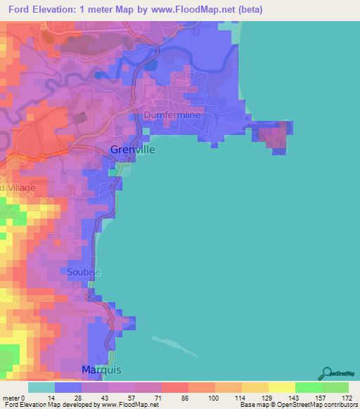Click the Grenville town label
click(133, 150)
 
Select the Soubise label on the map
click(84, 272)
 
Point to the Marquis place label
click(102, 370)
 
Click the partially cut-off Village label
click(14, 188)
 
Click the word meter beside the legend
click(12, 398)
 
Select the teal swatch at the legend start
click(41, 387)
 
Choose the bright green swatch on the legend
click(309, 387)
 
